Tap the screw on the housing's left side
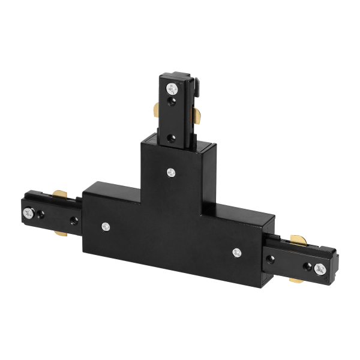point(106,226)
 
